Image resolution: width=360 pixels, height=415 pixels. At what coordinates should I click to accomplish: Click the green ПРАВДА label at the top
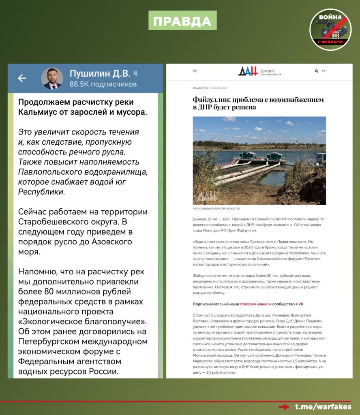point(182,20)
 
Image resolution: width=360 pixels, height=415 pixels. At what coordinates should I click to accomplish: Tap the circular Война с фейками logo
point(330,29)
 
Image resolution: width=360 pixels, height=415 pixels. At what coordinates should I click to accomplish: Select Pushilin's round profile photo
point(52,78)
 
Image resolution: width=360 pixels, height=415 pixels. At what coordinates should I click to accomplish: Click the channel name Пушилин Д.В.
point(100,73)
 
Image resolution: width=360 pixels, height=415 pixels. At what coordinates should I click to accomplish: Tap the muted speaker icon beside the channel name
point(136,73)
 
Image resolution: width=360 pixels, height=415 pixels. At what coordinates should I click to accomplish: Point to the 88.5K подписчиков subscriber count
point(103,84)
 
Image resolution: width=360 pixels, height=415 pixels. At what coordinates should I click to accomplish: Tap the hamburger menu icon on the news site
point(195,71)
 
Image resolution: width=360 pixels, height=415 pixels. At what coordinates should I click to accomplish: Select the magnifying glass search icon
point(316,71)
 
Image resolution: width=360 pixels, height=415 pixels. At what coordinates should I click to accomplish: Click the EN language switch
point(324,71)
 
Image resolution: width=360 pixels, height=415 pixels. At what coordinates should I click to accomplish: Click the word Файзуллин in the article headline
point(215,100)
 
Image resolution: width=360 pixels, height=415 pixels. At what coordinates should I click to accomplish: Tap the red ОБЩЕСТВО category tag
point(201,88)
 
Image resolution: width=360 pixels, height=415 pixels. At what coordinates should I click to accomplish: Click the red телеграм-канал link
point(255,304)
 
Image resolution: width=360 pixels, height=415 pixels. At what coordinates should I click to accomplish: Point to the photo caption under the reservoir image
point(216,208)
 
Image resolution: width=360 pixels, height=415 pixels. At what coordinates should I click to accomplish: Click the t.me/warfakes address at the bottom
point(323,406)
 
